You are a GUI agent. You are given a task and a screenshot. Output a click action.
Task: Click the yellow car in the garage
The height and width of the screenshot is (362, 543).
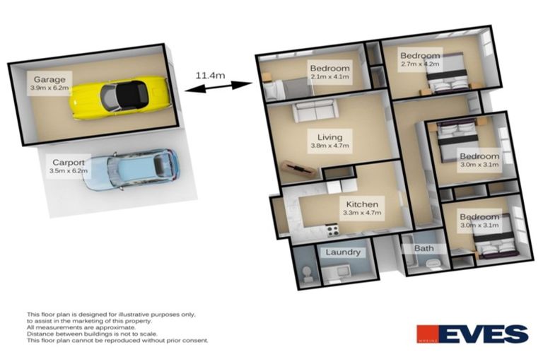(120, 97)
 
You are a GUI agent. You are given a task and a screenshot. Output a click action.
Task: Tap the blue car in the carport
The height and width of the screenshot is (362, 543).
(128, 170)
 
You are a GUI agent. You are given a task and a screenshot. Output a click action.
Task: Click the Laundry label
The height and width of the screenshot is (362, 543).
(343, 252)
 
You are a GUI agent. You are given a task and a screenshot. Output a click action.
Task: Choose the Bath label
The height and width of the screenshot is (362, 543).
(424, 249)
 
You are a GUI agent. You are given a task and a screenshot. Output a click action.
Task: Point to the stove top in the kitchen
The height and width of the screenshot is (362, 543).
(332, 229)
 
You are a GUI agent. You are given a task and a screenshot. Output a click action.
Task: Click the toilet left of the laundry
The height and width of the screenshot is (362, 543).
(305, 274)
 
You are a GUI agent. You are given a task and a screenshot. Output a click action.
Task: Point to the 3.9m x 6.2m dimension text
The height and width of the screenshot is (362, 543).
(49, 89)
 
